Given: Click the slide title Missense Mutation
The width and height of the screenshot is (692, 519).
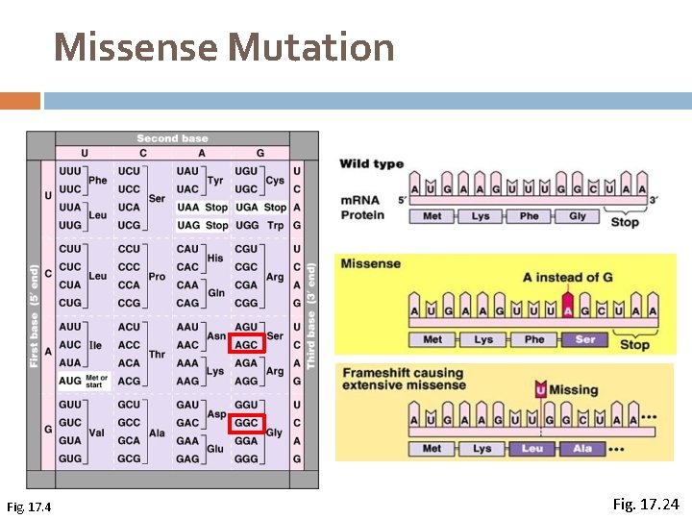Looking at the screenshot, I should coord(224,47).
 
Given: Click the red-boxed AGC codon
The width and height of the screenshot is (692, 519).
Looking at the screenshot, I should coord(246,345).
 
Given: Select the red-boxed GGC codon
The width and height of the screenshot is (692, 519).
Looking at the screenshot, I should coord(246,423).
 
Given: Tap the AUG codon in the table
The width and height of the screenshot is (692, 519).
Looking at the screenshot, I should coord(70,381).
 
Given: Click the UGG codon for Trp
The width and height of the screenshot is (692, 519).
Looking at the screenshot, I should coord(246,225).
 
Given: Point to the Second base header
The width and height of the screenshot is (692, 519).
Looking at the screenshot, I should coord(172,138).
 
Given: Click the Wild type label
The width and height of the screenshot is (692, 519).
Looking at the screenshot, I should coord(371,163).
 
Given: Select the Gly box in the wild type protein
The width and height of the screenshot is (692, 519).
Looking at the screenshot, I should coord(577,216).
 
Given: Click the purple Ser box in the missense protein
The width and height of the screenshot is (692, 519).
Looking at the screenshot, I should coord(584,339).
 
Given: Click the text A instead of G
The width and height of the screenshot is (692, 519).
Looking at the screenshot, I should coord(567,278).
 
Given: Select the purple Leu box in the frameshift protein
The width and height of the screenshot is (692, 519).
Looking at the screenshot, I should coord(531,449).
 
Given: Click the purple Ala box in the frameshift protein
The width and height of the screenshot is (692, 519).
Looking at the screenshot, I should coord(582,449).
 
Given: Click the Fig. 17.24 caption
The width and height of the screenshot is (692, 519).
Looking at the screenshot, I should coord(645,502).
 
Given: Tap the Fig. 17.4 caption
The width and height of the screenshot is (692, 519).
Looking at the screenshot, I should coord(29,507).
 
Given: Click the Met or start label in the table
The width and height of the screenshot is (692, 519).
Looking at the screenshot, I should coord(97,381).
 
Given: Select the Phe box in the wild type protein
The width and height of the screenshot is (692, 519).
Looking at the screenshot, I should coord(529,216).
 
